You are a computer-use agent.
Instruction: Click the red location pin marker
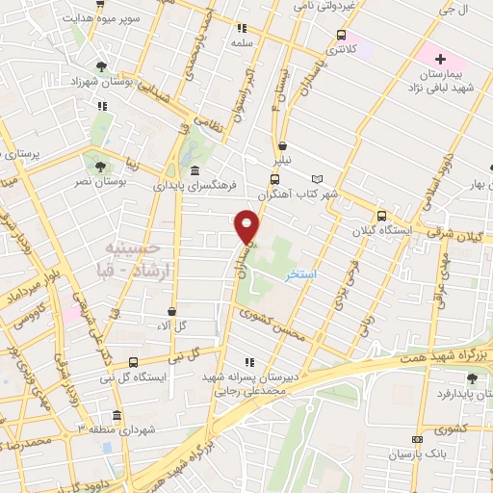coord(248,226)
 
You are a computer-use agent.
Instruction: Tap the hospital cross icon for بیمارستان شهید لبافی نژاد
coord(440,59)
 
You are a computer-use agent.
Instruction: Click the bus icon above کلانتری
coord(340,36)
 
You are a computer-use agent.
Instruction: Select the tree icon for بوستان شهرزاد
coord(115,66)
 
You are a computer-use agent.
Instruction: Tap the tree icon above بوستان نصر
coord(100,166)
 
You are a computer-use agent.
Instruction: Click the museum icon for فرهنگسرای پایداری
coord(195,170)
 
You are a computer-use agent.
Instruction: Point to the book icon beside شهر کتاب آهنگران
coord(319,179)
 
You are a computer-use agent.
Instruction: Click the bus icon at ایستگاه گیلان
coord(382,217)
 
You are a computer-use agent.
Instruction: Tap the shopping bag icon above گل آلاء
coord(171,311)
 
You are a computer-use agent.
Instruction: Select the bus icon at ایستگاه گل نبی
coord(133,362)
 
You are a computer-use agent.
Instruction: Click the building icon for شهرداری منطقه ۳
coord(117,415)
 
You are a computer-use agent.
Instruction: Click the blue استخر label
coord(301,274)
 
